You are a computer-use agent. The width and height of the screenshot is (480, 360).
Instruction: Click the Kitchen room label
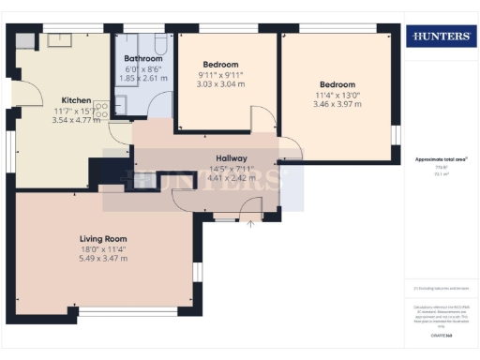click(76, 99)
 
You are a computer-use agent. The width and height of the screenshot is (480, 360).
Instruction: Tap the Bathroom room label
click(142, 58)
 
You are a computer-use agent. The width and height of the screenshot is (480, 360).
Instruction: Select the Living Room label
click(102, 239)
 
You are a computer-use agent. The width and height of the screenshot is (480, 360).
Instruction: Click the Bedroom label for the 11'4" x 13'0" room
click(335, 82)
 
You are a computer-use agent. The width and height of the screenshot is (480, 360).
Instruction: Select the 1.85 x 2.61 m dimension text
click(142, 79)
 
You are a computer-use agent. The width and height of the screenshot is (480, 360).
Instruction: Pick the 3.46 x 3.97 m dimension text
click(336, 103)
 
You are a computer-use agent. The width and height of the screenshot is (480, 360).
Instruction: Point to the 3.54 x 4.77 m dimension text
click(76, 120)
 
